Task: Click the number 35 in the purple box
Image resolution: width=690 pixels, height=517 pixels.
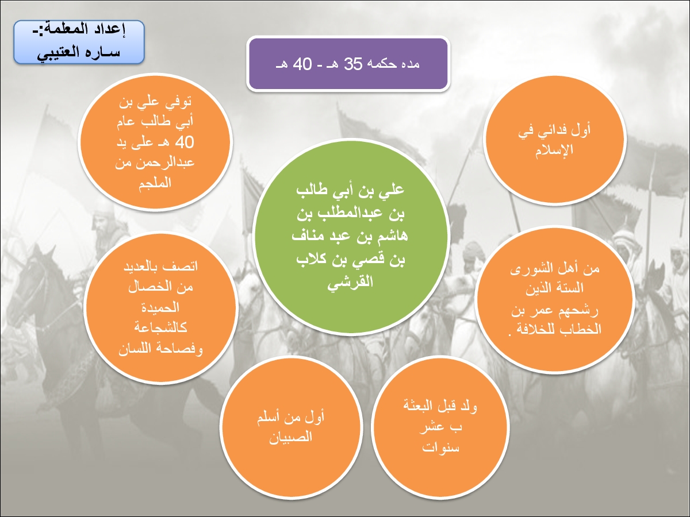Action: [353, 64]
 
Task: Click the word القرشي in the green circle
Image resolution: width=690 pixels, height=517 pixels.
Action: [350, 282]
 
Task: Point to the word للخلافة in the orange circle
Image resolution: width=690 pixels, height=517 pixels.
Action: [534, 329]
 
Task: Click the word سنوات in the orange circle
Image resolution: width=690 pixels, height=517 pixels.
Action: [440, 447]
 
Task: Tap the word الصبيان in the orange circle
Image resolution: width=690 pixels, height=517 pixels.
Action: [290, 437]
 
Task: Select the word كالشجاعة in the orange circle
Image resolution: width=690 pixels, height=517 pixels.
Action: [160, 327]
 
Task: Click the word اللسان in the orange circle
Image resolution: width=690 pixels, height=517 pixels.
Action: [135, 349]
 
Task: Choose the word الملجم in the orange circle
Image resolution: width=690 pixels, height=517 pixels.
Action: [155, 183]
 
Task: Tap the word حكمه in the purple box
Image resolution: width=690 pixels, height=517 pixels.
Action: [385, 64]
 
